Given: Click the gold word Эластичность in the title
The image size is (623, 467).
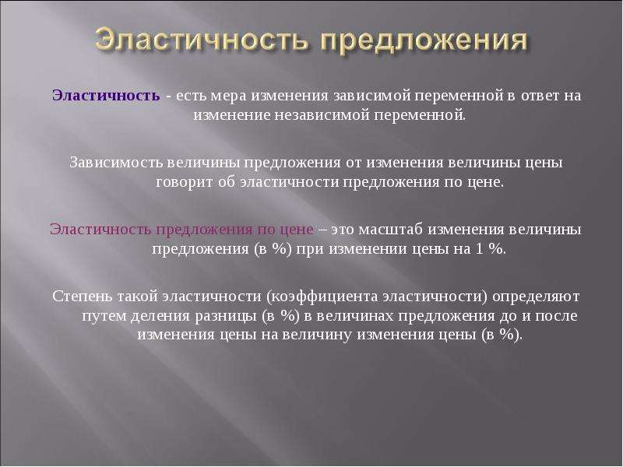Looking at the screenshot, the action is point(202,40).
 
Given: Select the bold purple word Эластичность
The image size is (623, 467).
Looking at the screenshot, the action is point(106,95).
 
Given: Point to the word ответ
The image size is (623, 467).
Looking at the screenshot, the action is point(540,96).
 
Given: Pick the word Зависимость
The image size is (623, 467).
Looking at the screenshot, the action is point(115,163).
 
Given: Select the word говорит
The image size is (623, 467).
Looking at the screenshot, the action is point(185,183).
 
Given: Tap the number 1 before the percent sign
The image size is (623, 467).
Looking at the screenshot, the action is point(477,249).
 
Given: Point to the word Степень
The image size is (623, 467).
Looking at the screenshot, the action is point(83,297).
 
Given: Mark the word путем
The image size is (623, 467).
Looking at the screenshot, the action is point(104,317).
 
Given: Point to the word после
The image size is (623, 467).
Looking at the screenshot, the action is point(556,316).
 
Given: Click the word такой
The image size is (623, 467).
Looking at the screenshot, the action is point(138,297).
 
